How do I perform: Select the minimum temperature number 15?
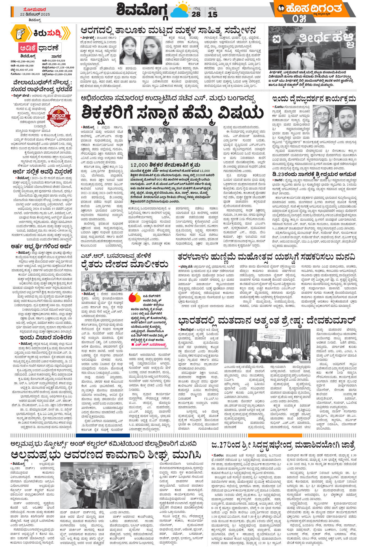(212, 15)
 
